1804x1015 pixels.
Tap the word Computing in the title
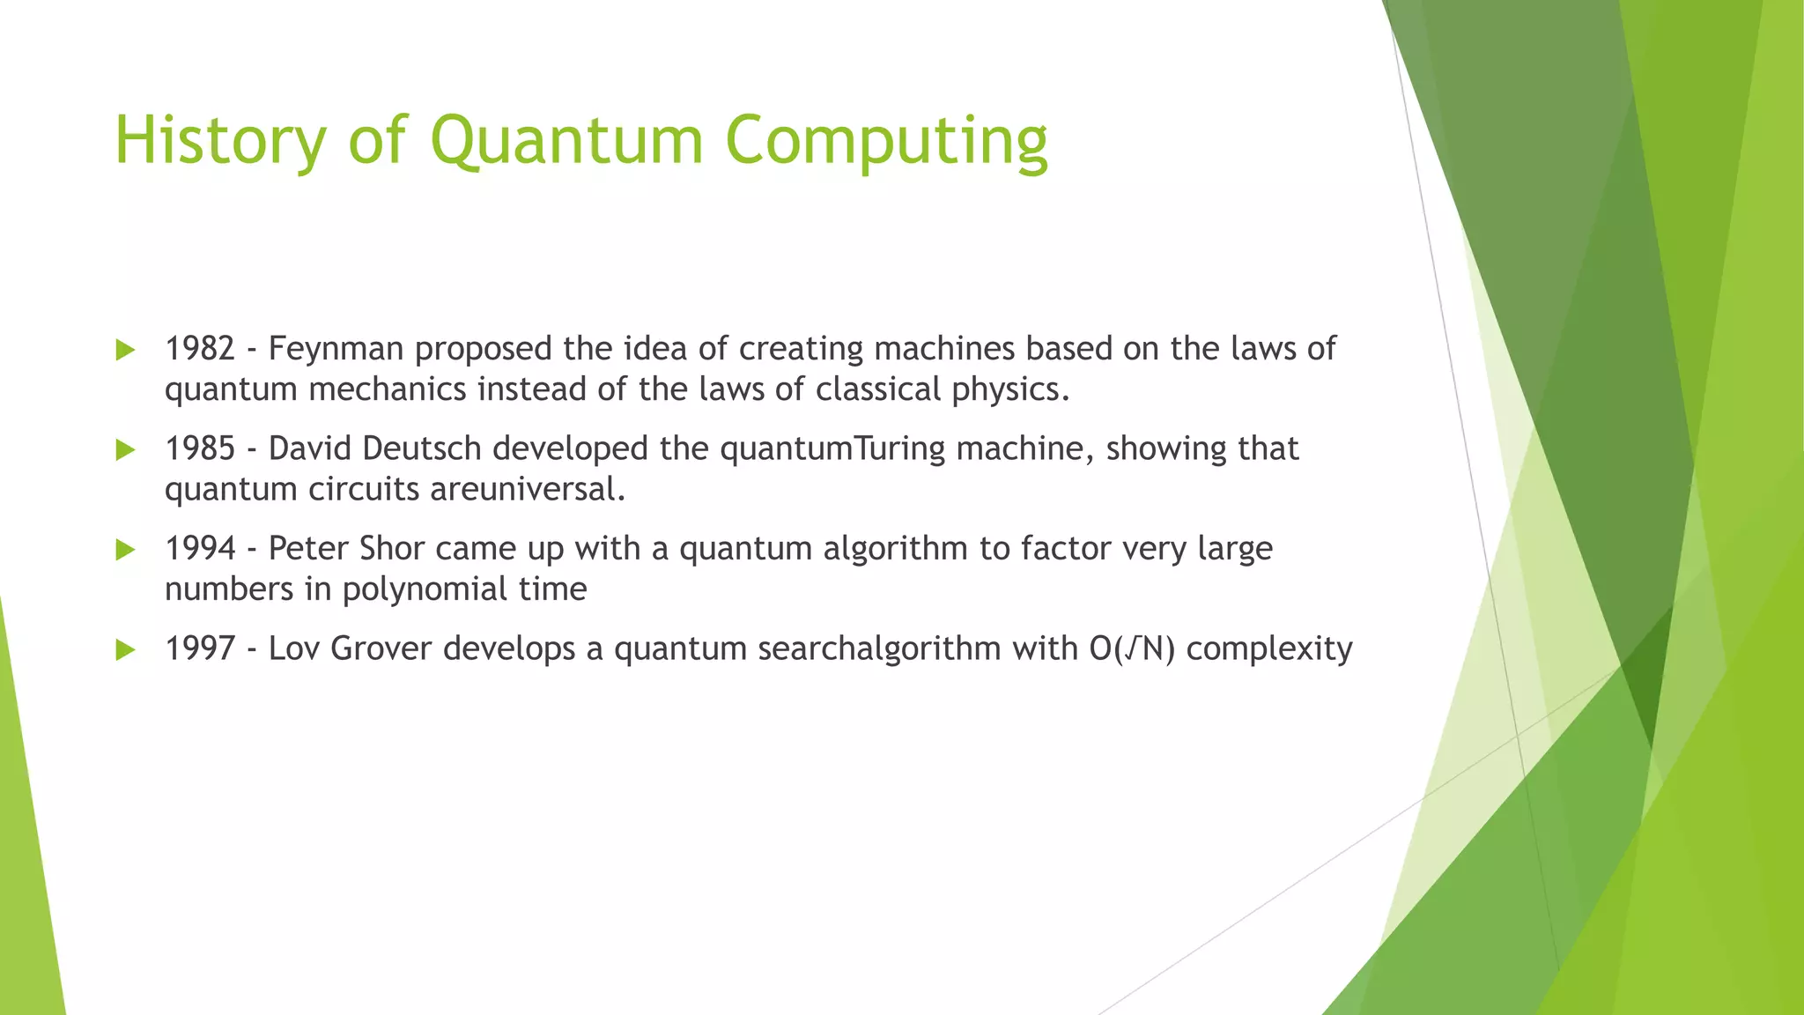886,141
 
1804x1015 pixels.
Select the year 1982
200,349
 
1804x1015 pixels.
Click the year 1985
200,448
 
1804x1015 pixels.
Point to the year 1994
200,548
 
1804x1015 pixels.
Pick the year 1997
200,648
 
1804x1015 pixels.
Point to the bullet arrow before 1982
125,351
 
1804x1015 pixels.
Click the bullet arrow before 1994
125,551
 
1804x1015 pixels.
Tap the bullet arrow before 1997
125,651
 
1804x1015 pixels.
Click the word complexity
1268,648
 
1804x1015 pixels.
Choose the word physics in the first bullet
1010,389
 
